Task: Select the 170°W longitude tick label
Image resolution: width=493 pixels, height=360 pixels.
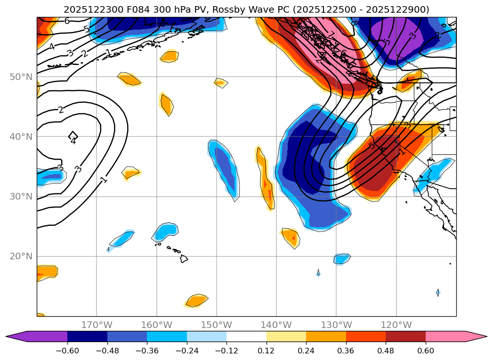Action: pos(97,325)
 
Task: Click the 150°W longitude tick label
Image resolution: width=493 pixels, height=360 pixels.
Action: pos(217,325)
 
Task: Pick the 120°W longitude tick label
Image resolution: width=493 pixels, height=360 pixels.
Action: pos(396,325)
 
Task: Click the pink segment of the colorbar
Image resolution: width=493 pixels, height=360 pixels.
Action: pos(445,336)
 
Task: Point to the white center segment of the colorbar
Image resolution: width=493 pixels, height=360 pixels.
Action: pos(246,336)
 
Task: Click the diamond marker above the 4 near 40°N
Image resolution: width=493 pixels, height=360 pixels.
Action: pos(73,136)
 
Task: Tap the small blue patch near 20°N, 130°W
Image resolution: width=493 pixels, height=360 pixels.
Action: pos(342,258)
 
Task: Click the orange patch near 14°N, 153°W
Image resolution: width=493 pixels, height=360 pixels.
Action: pos(197,300)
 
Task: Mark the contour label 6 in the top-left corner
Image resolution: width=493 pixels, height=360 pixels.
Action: pos(67,21)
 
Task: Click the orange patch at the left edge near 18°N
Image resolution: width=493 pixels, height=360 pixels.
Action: pos(47,272)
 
